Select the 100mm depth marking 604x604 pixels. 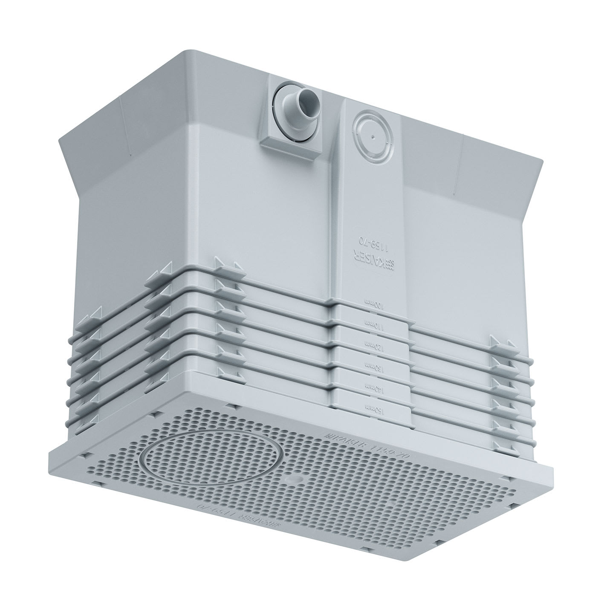[x=371, y=303]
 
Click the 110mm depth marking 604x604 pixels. [x=371, y=324]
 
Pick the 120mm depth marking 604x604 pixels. [x=371, y=345]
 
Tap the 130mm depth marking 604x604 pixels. [x=371, y=365]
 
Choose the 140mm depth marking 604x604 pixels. [x=371, y=386]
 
